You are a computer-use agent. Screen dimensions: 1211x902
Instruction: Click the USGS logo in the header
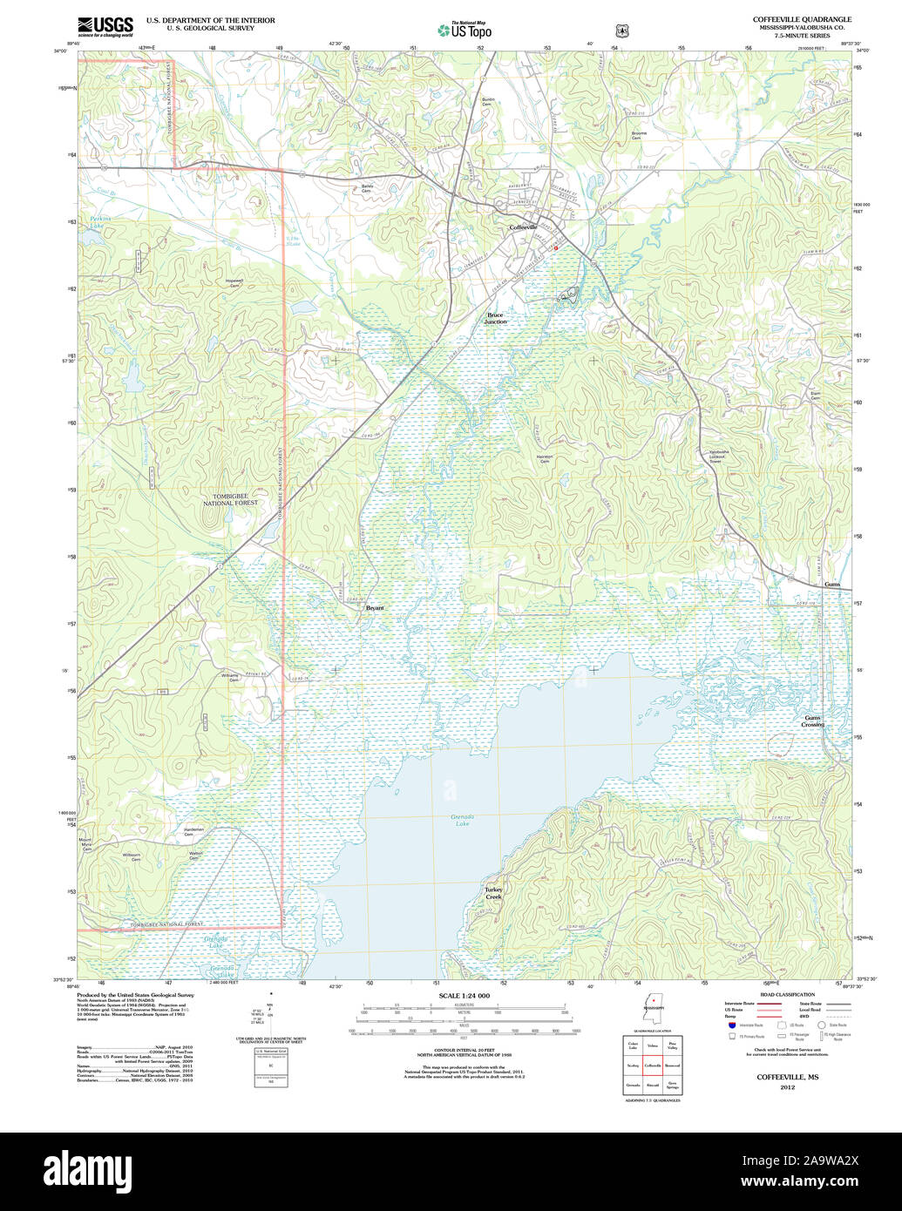click(105, 27)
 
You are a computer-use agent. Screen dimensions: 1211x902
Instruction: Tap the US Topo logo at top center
click(464, 30)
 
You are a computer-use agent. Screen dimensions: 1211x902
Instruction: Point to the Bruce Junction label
click(495, 318)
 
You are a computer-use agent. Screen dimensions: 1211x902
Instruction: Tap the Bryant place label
click(375, 608)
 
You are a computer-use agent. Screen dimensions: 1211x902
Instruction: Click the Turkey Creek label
click(493, 893)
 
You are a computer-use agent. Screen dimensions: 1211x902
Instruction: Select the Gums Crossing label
click(812, 721)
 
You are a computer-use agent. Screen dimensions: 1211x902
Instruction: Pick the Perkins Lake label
click(96, 223)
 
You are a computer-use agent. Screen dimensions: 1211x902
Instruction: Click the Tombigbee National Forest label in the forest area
click(230, 500)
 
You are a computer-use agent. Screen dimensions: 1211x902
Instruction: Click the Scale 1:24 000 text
click(464, 996)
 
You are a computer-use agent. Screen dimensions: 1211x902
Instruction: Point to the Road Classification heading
click(787, 994)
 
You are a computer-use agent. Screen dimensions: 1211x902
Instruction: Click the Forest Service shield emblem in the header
click(621, 30)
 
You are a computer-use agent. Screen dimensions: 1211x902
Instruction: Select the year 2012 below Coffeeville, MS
click(787, 1087)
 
